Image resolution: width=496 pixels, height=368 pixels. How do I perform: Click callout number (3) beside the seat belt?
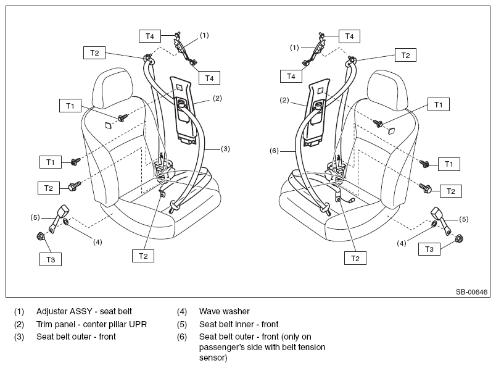226,149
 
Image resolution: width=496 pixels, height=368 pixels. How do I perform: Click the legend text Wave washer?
224,311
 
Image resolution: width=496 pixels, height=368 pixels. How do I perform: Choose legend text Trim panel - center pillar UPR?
91,324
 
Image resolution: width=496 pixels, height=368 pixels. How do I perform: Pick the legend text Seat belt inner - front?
239,324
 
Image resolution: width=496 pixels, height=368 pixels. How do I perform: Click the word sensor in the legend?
213,358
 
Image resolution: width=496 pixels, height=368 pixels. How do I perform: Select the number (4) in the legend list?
182,311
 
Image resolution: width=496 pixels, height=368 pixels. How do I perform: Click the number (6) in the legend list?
182,337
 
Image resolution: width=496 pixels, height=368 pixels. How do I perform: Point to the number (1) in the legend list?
20,311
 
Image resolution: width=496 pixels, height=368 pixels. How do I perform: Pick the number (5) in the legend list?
182,324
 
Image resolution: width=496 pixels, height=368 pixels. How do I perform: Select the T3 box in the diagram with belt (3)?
51,260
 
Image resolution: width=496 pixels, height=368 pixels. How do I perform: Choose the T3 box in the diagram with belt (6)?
429,249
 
